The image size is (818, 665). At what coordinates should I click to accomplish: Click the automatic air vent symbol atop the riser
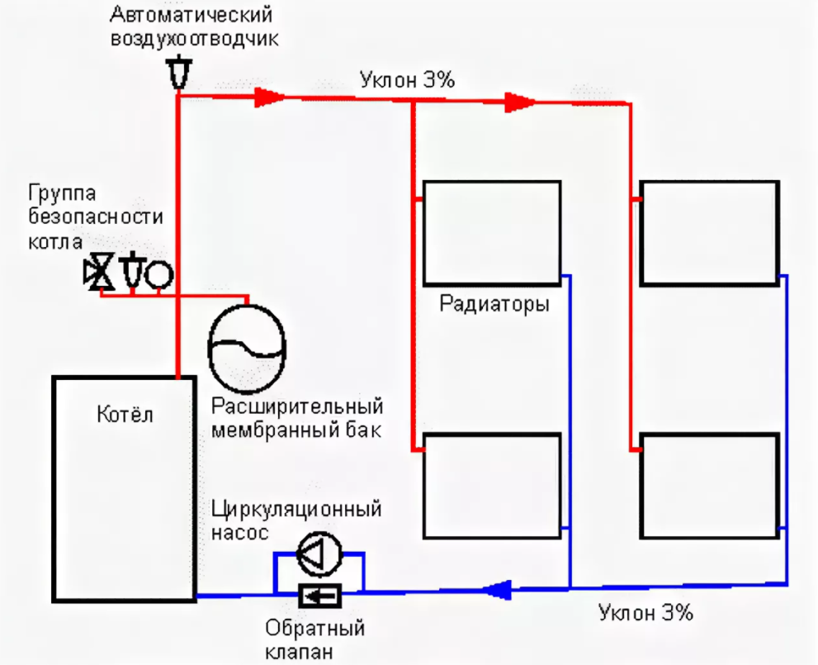point(177,72)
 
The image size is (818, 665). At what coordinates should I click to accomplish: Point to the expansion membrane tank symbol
point(247,345)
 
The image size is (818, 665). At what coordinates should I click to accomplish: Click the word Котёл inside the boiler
point(125,413)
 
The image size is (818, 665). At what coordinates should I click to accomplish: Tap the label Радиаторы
point(494,303)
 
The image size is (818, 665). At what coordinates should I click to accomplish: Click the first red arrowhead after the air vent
point(267,97)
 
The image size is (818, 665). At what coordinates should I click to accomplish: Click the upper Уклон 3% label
point(408,80)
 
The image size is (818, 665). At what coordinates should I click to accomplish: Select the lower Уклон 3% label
point(645,613)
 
